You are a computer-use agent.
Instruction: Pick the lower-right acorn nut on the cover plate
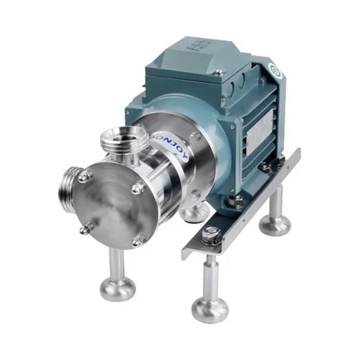click(138, 238)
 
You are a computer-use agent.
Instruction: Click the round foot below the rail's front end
click(210, 308)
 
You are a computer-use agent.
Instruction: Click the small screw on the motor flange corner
click(232, 127)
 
